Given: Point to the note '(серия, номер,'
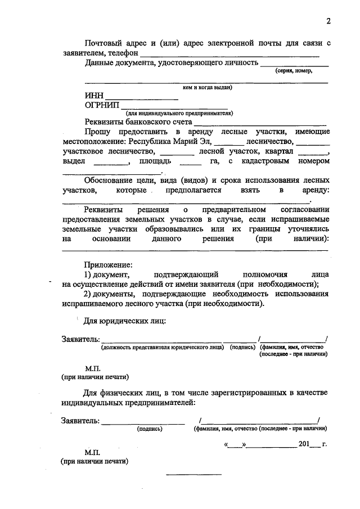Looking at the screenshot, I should (x=293, y=71).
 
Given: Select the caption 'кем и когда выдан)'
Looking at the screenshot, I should (x=208, y=88).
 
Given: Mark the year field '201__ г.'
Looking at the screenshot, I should (x=313, y=444).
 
